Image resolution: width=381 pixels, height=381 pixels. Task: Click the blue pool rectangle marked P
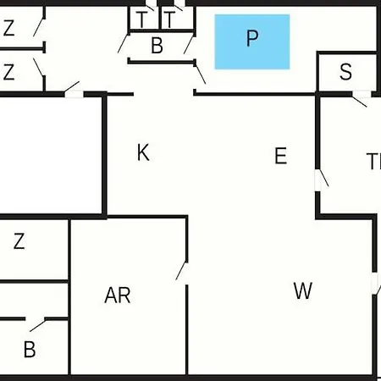[252, 41]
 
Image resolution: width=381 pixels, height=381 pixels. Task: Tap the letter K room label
[143, 152]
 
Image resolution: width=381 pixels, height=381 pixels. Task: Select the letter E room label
[280, 156]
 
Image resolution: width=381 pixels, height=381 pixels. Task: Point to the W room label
[303, 290]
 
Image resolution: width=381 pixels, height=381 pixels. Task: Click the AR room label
[118, 295]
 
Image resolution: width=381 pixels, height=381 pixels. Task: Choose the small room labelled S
[345, 72]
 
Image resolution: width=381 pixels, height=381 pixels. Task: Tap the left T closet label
[141, 19]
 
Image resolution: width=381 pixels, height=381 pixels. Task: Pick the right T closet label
[169, 19]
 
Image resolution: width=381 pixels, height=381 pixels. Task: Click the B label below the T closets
[157, 45]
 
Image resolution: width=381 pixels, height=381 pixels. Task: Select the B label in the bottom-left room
[30, 350]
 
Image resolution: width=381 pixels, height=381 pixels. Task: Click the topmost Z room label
[8, 28]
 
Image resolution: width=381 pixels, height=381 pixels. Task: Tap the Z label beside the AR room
[19, 240]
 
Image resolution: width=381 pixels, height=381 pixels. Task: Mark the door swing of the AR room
[181, 271]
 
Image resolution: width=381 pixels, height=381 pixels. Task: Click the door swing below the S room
[359, 102]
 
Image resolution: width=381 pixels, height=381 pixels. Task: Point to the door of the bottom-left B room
[38, 325]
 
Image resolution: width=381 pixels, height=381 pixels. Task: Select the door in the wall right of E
[323, 178]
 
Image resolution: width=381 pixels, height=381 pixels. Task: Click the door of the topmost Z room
[39, 27]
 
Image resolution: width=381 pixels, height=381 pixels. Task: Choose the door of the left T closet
[150, 8]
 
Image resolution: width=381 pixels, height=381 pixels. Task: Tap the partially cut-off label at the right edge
[373, 161]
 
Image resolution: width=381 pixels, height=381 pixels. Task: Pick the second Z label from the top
[8, 72]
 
